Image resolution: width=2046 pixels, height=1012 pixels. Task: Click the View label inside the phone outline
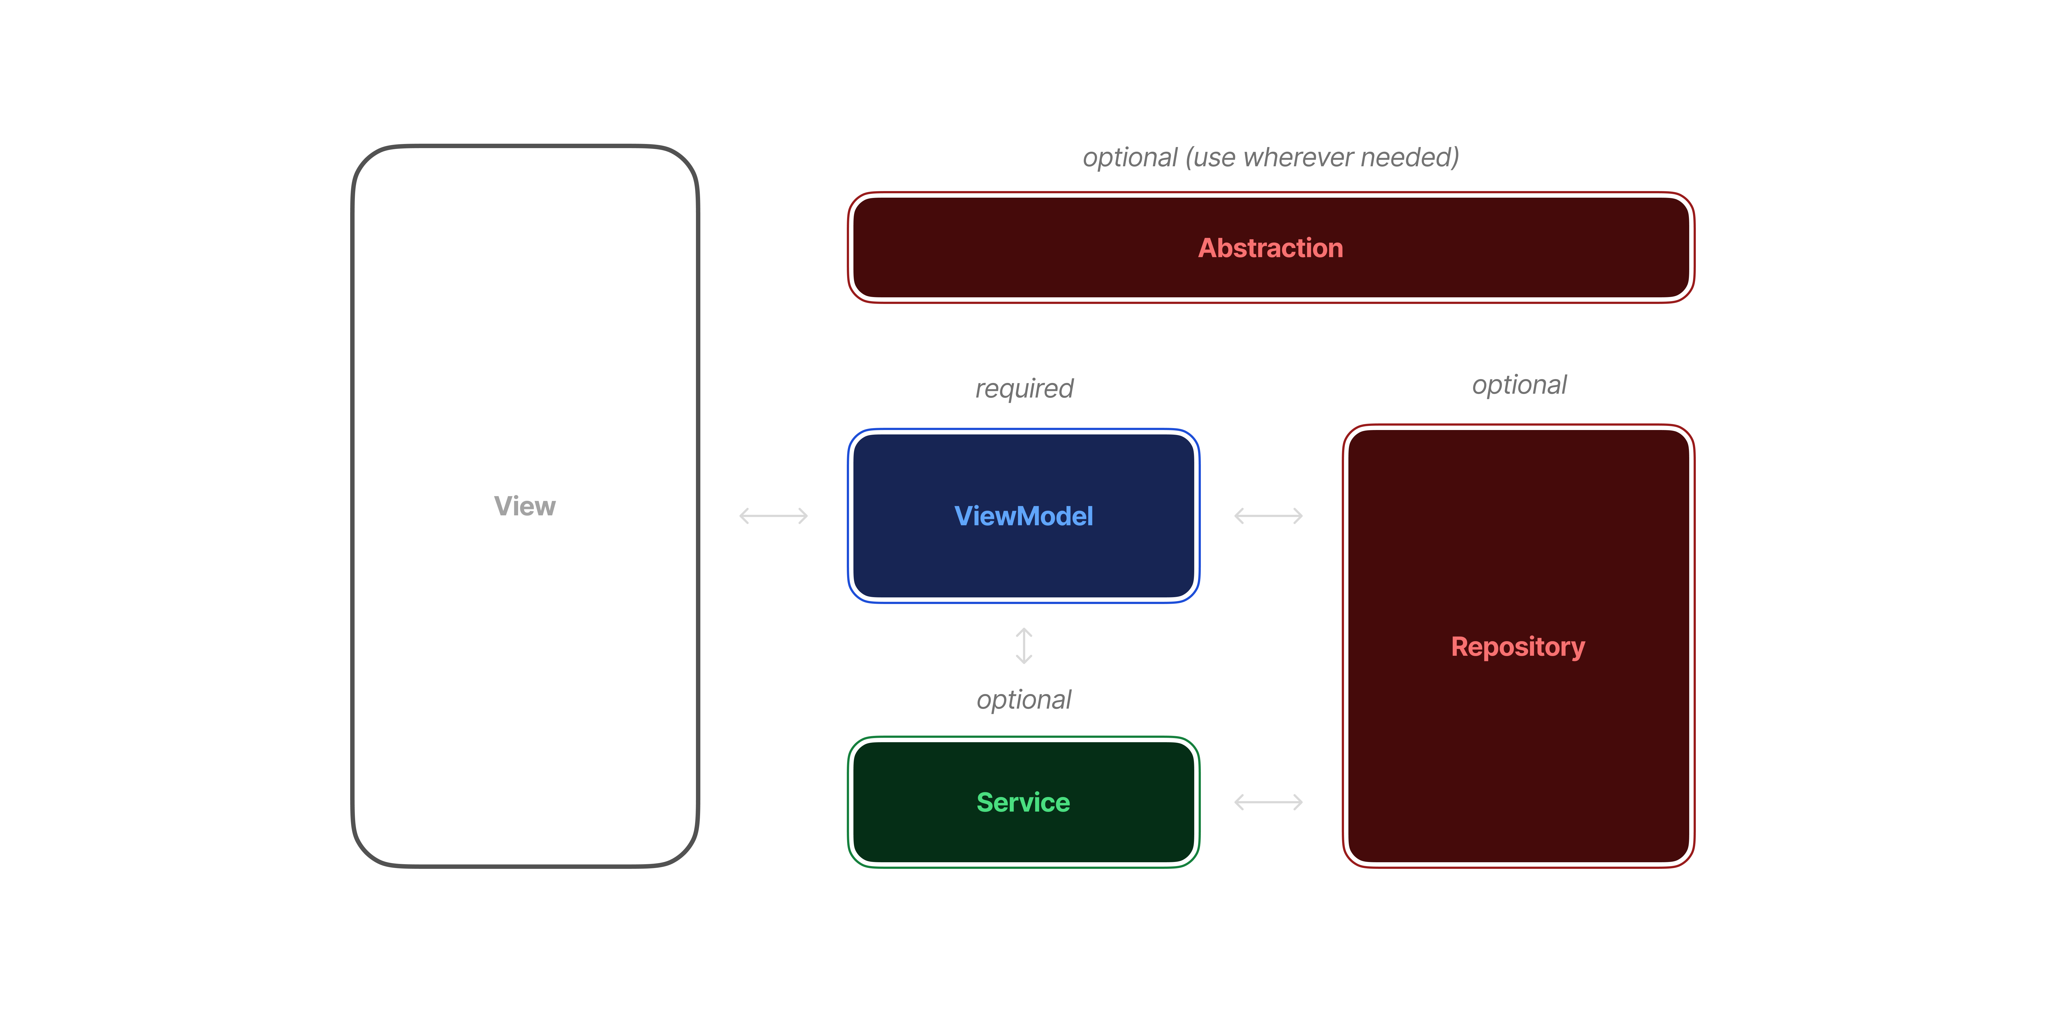click(524, 506)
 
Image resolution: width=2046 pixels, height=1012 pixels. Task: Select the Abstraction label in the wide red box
click(1270, 248)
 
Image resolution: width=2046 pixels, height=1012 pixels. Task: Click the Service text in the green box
click(1023, 802)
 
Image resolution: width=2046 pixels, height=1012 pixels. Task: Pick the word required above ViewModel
click(1024, 388)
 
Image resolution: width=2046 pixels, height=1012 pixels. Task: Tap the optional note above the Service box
click(1024, 700)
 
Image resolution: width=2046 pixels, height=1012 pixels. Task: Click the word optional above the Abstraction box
click(1130, 157)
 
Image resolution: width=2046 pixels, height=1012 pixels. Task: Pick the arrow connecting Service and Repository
click(1268, 802)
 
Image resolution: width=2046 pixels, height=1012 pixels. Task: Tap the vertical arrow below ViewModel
click(1024, 646)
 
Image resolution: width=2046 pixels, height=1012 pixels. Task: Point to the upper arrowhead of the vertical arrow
click(1024, 632)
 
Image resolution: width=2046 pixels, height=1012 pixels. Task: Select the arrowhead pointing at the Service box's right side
click(1238, 802)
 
